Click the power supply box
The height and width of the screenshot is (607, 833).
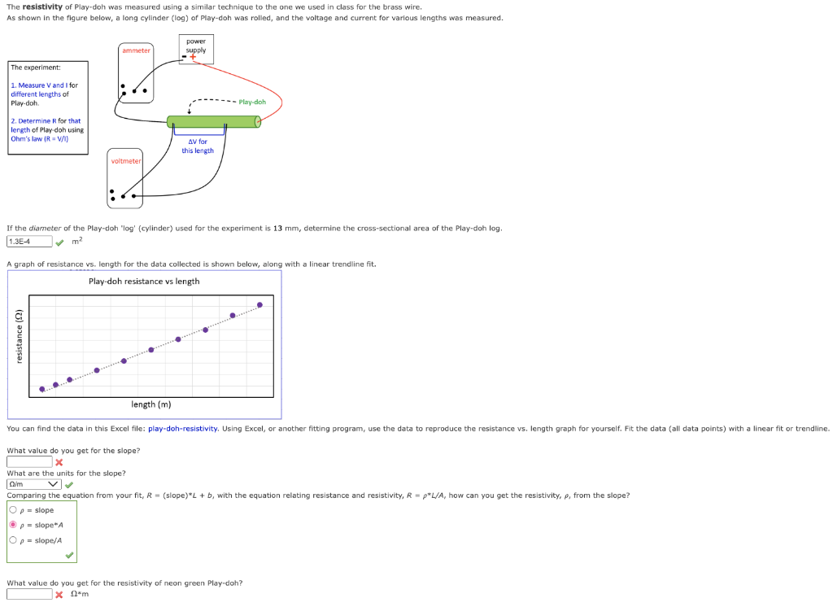coord(195,49)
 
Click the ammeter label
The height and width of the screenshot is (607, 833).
coord(136,50)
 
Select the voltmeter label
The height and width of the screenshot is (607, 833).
coord(126,161)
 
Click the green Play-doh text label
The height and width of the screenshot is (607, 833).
coord(252,102)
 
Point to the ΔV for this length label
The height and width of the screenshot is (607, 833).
coord(198,146)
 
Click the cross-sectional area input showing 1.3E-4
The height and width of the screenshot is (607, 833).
coord(29,242)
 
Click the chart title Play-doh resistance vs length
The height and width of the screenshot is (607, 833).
coord(144,282)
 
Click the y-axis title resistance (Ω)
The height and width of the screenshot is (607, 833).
coord(18,338)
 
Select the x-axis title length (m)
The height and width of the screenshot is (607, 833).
coord(151,404)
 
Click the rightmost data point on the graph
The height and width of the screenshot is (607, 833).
coord(259,305)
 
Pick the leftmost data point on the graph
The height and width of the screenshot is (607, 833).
coord(42,389)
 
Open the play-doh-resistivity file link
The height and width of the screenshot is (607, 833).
coord(183,428)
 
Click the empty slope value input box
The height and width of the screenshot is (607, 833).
coord(29,462)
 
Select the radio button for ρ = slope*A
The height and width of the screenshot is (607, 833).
coord(13,525)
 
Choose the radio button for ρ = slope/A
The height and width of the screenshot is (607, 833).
coord(13,539)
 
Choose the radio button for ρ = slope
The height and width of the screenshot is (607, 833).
coord(13,510)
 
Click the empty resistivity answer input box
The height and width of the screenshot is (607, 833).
coord(29,594)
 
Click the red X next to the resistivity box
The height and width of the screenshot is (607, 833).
coord(59,595)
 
